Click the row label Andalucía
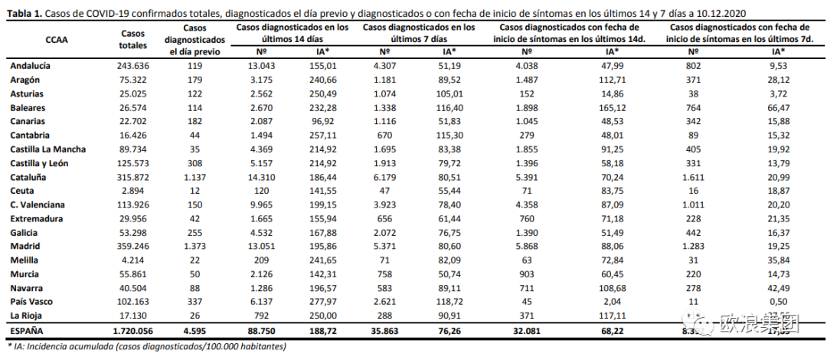pyautogui.click(x=31, y=66)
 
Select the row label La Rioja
pyautogui.click(x=26, y=316)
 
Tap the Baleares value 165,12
pyautogui.click(x=611, y=107)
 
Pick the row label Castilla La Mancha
pyautogui.click(x=47, y=149)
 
